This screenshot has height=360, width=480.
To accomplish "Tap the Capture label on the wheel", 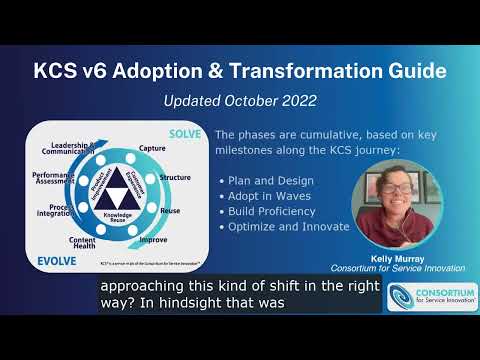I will click(x=152, y=148).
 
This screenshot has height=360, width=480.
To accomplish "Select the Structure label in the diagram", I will click(x=175, y=177).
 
